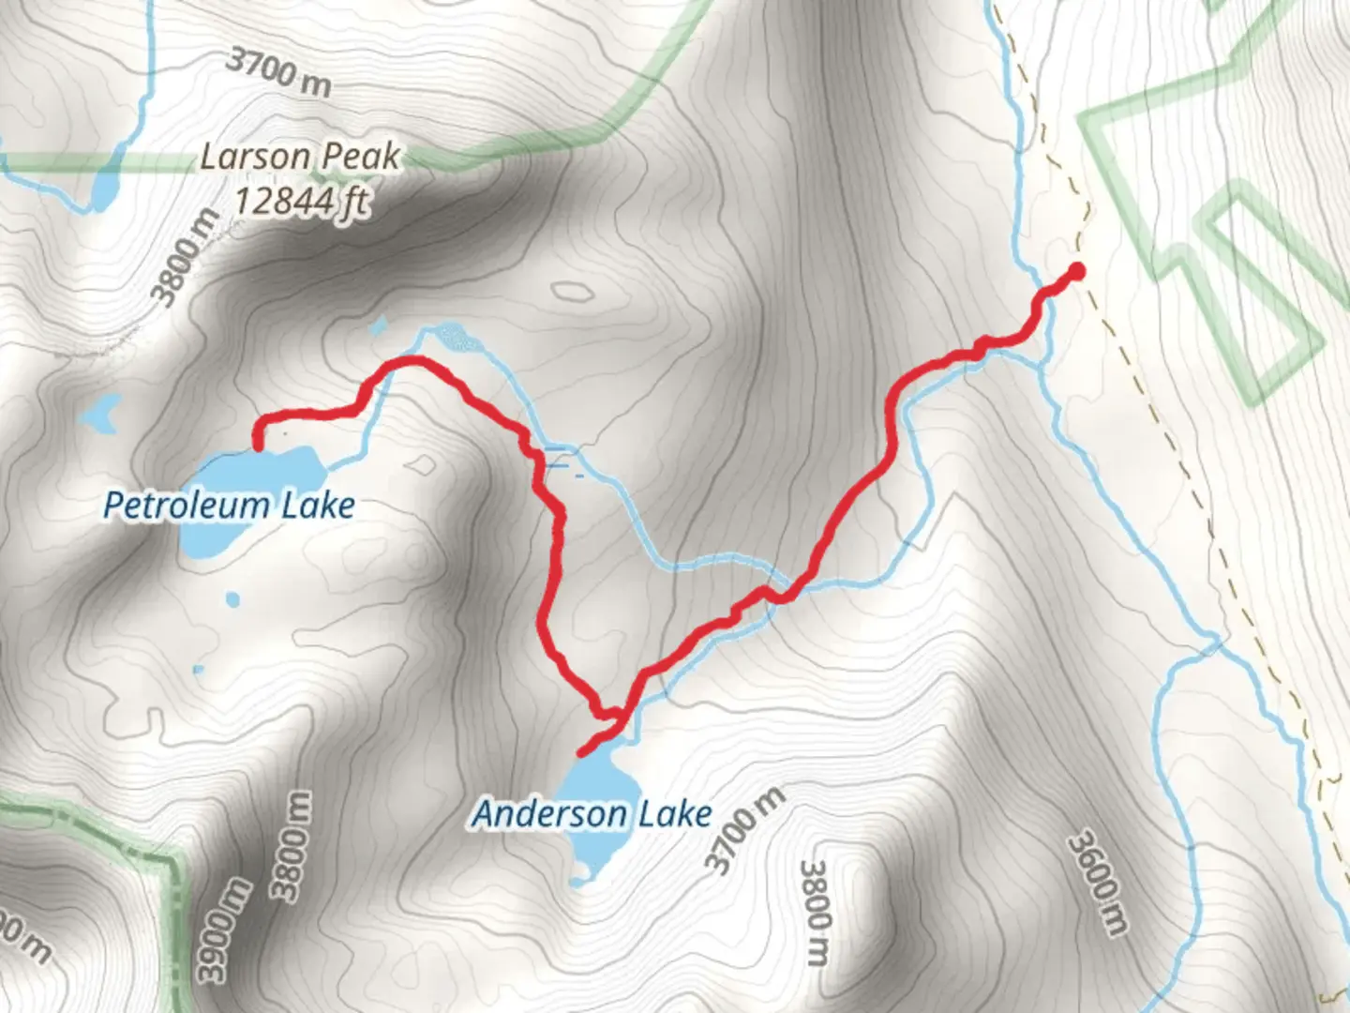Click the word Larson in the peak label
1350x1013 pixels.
coord(255,156)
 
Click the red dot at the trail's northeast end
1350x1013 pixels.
coord(1076,272)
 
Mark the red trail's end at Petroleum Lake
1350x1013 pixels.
coord(257,448)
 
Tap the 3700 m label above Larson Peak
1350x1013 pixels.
coord(279,71)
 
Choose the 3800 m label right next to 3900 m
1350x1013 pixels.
coord(292,844)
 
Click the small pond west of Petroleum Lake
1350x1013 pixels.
coord(101,410)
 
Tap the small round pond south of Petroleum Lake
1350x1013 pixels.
coord(232,598)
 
